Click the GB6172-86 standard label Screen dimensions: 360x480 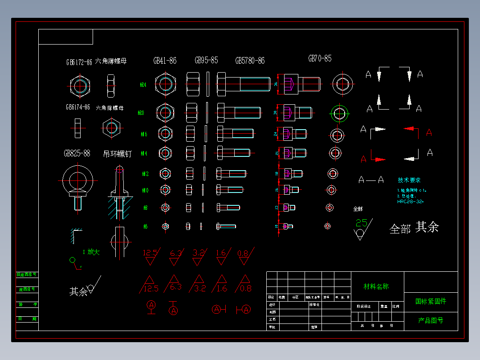click(79, 62)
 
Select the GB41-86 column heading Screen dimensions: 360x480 click(165, 61)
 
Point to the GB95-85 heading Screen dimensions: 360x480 click(206, 60)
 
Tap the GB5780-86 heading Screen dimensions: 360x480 click(250, 61)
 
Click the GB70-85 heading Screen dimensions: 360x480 click(320, 58)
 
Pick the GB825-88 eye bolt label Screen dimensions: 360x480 click(77, 153)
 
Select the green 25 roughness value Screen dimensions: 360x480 click(362, 223)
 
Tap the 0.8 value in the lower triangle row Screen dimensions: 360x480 click(246, 288)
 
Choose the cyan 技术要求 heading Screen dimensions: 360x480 click(409, 180)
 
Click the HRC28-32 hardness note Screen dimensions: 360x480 click(410, 201)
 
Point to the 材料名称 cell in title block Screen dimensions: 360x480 click(376, 286)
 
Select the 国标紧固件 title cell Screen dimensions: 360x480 click(431, 301)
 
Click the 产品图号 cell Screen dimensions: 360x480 click(431, 320)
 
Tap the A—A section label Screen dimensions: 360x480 click(371, 180)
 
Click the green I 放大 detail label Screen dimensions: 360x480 click(91, 252)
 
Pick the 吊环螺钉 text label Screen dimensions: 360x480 click(118, 154)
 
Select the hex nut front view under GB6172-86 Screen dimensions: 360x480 click(81, 85)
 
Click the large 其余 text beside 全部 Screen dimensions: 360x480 click(427, 227)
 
